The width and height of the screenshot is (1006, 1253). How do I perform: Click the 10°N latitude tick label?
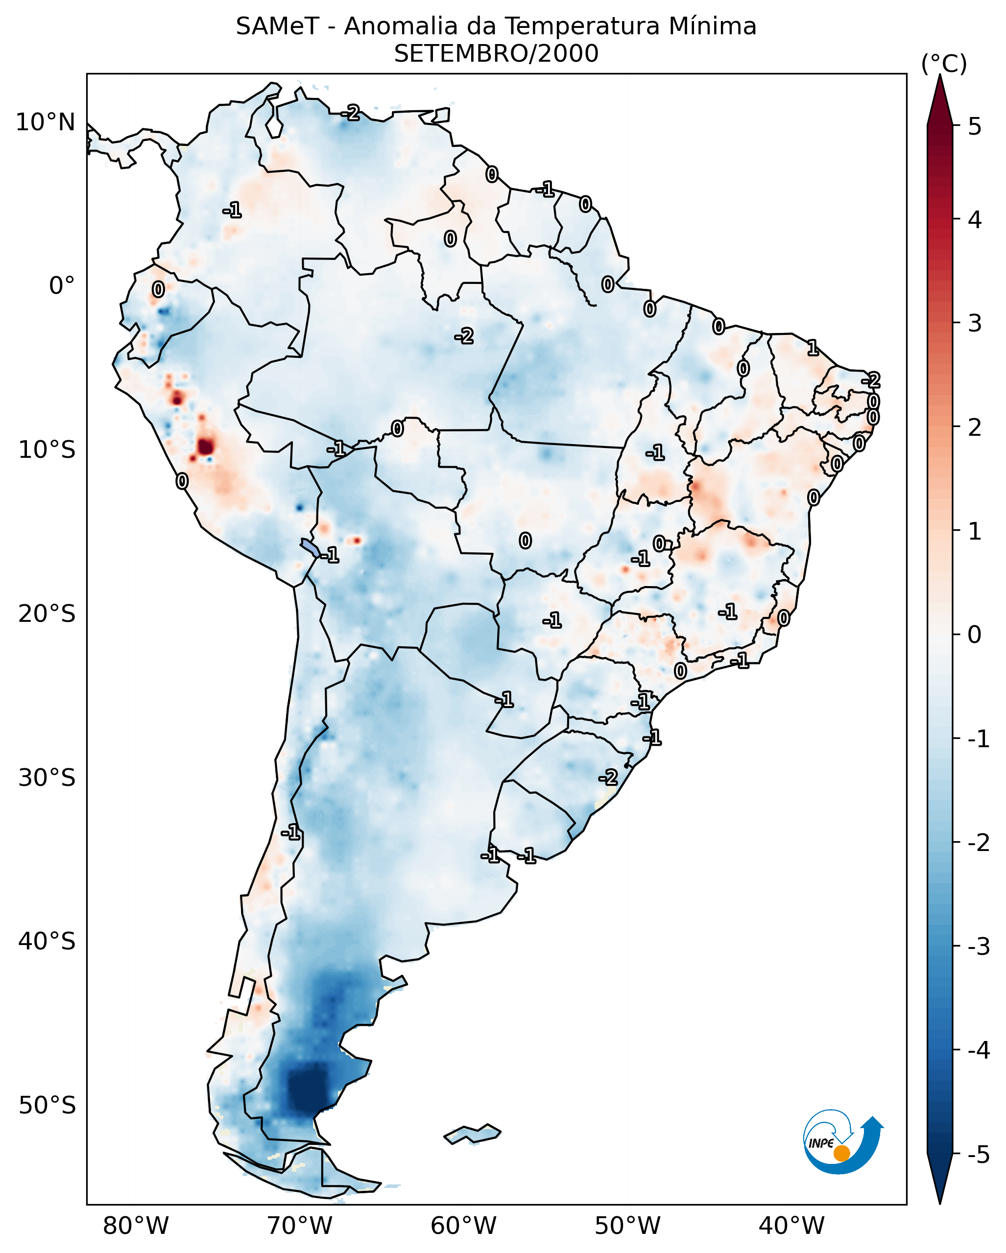click(46, 122)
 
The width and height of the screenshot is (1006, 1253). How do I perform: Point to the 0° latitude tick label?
click(62, 286)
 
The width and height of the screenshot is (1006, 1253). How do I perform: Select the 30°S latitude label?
click(47, 778)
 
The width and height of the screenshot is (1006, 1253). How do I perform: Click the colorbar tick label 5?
click(975, 126)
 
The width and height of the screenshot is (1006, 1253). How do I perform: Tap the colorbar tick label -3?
click(978, 947)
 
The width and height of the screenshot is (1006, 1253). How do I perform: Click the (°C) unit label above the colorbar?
click(944, 64)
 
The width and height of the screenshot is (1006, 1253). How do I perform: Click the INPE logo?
click(843, 1142)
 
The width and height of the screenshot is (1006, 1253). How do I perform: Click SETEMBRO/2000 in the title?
click(496, 54)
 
